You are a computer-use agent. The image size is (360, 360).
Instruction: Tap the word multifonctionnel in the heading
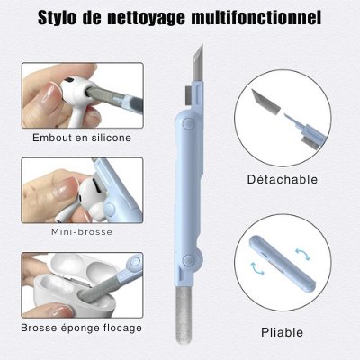click(x=256, y=17)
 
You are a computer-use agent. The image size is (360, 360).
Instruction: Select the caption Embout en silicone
click(x=82, y=138)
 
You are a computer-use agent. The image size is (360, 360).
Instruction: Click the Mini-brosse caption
click(x=82, y=232)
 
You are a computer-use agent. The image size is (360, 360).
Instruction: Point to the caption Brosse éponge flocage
click(x=82, y=328)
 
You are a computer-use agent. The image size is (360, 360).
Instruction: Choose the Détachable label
click(x=283, y=179)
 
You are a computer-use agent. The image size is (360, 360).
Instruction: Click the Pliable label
click(x=282, y=332)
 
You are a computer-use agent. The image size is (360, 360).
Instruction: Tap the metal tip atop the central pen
click(x=198, y=63)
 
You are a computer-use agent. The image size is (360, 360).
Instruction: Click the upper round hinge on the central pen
click(x=188, y=123)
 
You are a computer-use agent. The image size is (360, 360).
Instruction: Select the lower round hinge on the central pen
click(x=188, y=259)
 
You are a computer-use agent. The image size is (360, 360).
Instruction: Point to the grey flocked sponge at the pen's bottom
click(x=184, y=316)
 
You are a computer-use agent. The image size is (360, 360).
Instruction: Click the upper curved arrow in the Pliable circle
click(x=302, y=254)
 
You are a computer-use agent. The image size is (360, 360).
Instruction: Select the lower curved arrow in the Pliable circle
click(x=256, y=268)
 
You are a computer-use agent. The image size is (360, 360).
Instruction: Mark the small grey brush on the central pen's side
click(x=188, y=95)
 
